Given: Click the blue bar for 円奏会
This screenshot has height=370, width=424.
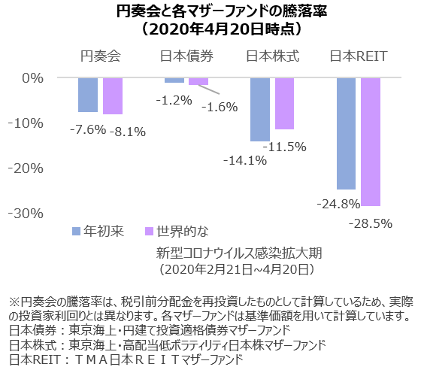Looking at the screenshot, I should [88, 95].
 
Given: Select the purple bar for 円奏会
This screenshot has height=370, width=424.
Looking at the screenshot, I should [113, 96].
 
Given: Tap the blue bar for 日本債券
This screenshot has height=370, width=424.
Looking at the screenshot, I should [174, 80].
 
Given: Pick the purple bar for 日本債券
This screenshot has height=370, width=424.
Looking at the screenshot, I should [198, 81].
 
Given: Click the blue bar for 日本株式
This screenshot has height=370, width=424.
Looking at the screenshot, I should [260, 109].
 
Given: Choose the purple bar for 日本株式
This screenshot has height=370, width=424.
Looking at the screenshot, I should [284, 104].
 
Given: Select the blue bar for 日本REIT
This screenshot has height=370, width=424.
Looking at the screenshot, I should [346, 133].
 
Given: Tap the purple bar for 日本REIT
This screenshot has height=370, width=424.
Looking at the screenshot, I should [371, 141].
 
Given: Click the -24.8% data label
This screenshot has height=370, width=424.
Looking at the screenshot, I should [334, 203].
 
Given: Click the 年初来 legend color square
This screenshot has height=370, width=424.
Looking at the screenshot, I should [76, 230].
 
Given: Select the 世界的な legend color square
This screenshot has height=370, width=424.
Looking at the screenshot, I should [149, 230].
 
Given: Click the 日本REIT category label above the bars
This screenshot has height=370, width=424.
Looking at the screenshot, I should [357, 56].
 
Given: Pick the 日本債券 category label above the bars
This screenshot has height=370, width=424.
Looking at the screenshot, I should [186, 56].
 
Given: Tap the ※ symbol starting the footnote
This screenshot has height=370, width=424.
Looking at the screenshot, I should [11, 296].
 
